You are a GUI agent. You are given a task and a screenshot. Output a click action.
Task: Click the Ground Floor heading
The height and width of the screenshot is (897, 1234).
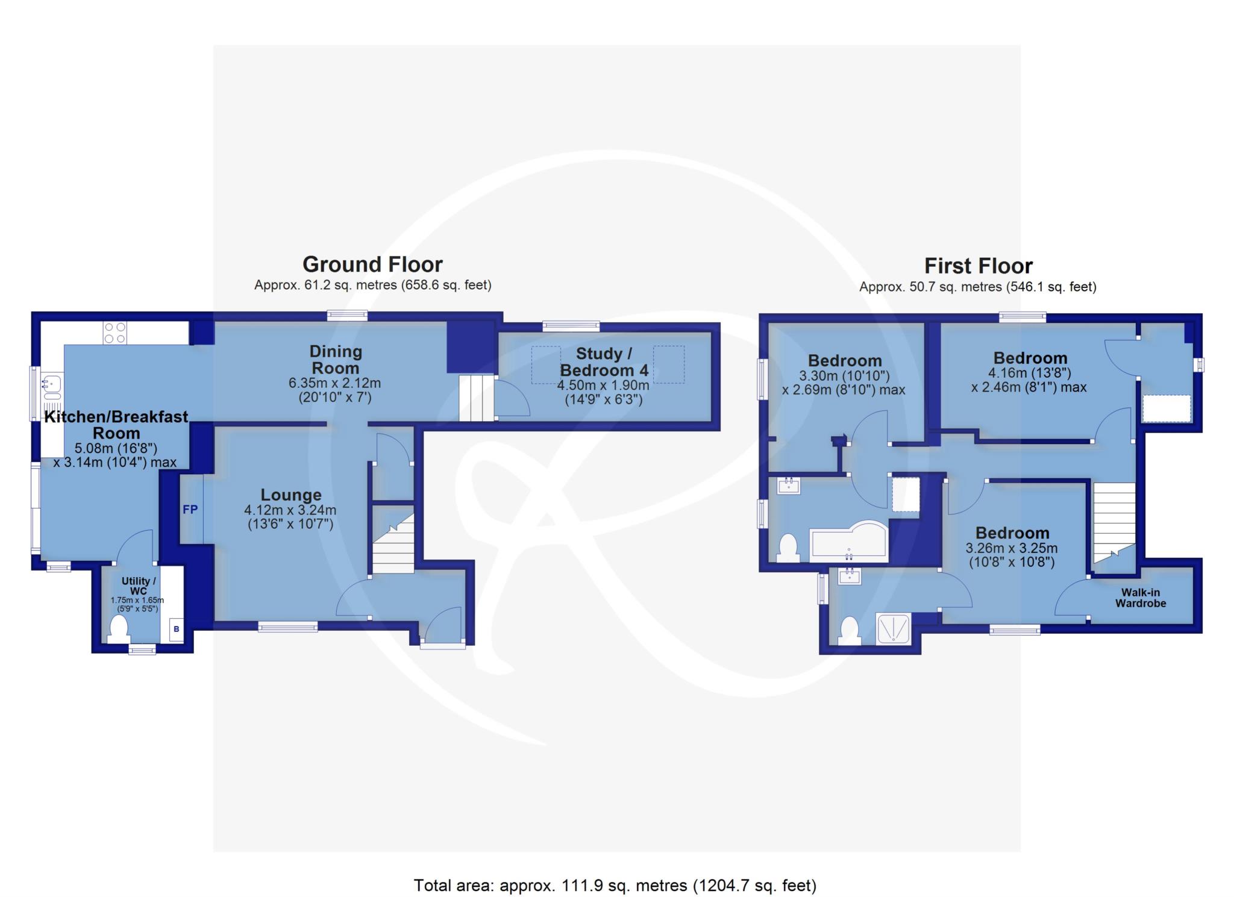tap(372, 264)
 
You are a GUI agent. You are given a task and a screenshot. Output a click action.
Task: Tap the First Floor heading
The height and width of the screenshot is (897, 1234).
tap(979, 266)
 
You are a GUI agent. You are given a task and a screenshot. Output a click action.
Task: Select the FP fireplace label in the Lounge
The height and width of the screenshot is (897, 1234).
tap(190, 510)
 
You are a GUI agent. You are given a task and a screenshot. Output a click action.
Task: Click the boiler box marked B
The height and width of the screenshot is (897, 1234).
tap(177, 629)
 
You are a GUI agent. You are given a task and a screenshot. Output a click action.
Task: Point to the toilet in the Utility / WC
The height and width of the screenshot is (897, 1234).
tap(119, 628)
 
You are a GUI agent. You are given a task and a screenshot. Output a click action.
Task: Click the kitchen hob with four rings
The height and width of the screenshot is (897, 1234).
tap(115, 333)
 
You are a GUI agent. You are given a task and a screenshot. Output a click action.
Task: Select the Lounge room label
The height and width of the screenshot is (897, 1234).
tap(291, 495)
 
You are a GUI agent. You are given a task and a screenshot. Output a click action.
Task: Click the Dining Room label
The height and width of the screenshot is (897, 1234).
tap(336, 360)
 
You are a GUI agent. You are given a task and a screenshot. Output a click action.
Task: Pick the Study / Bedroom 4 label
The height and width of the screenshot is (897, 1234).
tap(604, 361)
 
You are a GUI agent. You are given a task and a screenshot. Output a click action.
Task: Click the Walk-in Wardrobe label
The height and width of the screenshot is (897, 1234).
tap(1141, 598)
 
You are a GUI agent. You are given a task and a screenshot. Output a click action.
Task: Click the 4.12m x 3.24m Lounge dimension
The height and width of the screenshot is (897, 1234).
tap(290, 510)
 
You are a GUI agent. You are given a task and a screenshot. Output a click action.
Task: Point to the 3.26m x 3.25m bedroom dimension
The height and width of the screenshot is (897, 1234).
tap(1012, 548)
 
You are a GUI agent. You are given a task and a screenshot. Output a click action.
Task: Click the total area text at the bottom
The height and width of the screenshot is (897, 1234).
tap(615, 886)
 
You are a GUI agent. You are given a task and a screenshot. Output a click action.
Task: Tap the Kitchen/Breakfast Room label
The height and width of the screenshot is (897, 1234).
tap(116, 425)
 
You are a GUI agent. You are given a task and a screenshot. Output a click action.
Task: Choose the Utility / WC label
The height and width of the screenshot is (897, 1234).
tap(139, 586)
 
